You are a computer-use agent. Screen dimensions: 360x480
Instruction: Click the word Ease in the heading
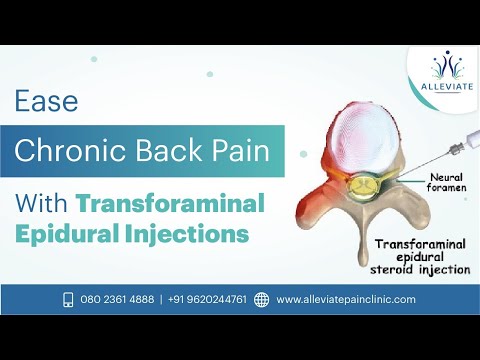(47, 101)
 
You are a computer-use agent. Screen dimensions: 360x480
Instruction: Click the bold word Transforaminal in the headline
(170, 202)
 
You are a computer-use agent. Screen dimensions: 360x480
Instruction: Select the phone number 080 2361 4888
(118, 299)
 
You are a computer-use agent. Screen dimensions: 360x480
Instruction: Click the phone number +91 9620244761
(209, 299)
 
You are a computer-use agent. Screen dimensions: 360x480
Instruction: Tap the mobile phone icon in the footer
(69, 299)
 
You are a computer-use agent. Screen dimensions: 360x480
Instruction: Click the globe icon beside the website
(262, 299)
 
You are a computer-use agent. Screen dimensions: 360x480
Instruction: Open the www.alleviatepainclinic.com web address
(346, 299)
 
